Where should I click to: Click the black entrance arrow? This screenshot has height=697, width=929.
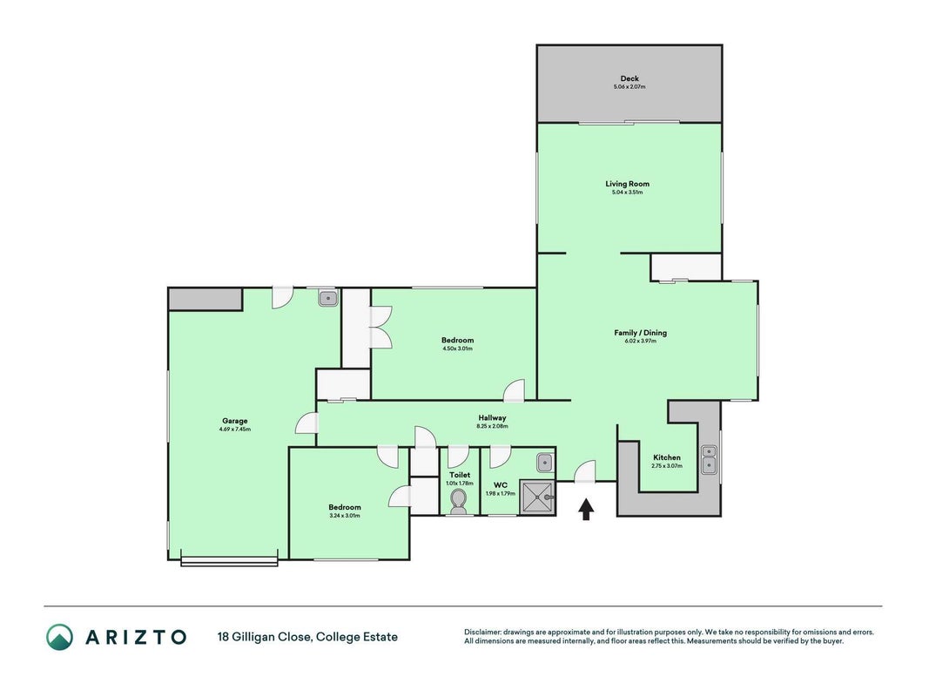click(x=586, y=509)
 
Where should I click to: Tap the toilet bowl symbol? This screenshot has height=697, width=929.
click(x=459, y=501)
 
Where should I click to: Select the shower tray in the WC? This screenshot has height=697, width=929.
click(x=537, y=497)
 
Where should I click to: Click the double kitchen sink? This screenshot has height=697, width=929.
click(x=710, y=459)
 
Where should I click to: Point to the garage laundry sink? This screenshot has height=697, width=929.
click(x=327, y=297)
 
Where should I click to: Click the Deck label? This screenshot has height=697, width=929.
click(x=629, y=78)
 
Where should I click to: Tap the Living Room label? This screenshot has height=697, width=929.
click(x=628, y=184)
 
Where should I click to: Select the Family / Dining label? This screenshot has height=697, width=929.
click(x=641, y=333)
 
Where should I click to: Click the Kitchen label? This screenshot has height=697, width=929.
click(x=667, y=457)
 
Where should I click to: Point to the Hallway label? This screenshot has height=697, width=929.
click(x=492, y=418)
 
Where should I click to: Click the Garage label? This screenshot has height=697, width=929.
click(x=234, y=421)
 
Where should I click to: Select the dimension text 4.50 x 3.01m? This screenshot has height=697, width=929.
click(x=457, y=348)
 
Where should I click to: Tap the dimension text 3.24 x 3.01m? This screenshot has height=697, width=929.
click(x=345, y=516)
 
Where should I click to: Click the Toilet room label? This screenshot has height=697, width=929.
click(x=460, y=475)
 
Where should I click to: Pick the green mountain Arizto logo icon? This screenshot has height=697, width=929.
click(x=60, y=637)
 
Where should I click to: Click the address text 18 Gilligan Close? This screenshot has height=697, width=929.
click(x=265, y=637)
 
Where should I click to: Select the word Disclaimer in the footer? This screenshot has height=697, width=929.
click(x=483, y=633)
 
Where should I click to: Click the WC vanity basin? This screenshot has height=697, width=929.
click(x=544, y=463)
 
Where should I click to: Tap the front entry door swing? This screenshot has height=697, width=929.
click(x=585, y=471)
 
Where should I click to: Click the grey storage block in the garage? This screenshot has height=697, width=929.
click(x=205, y=300)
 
